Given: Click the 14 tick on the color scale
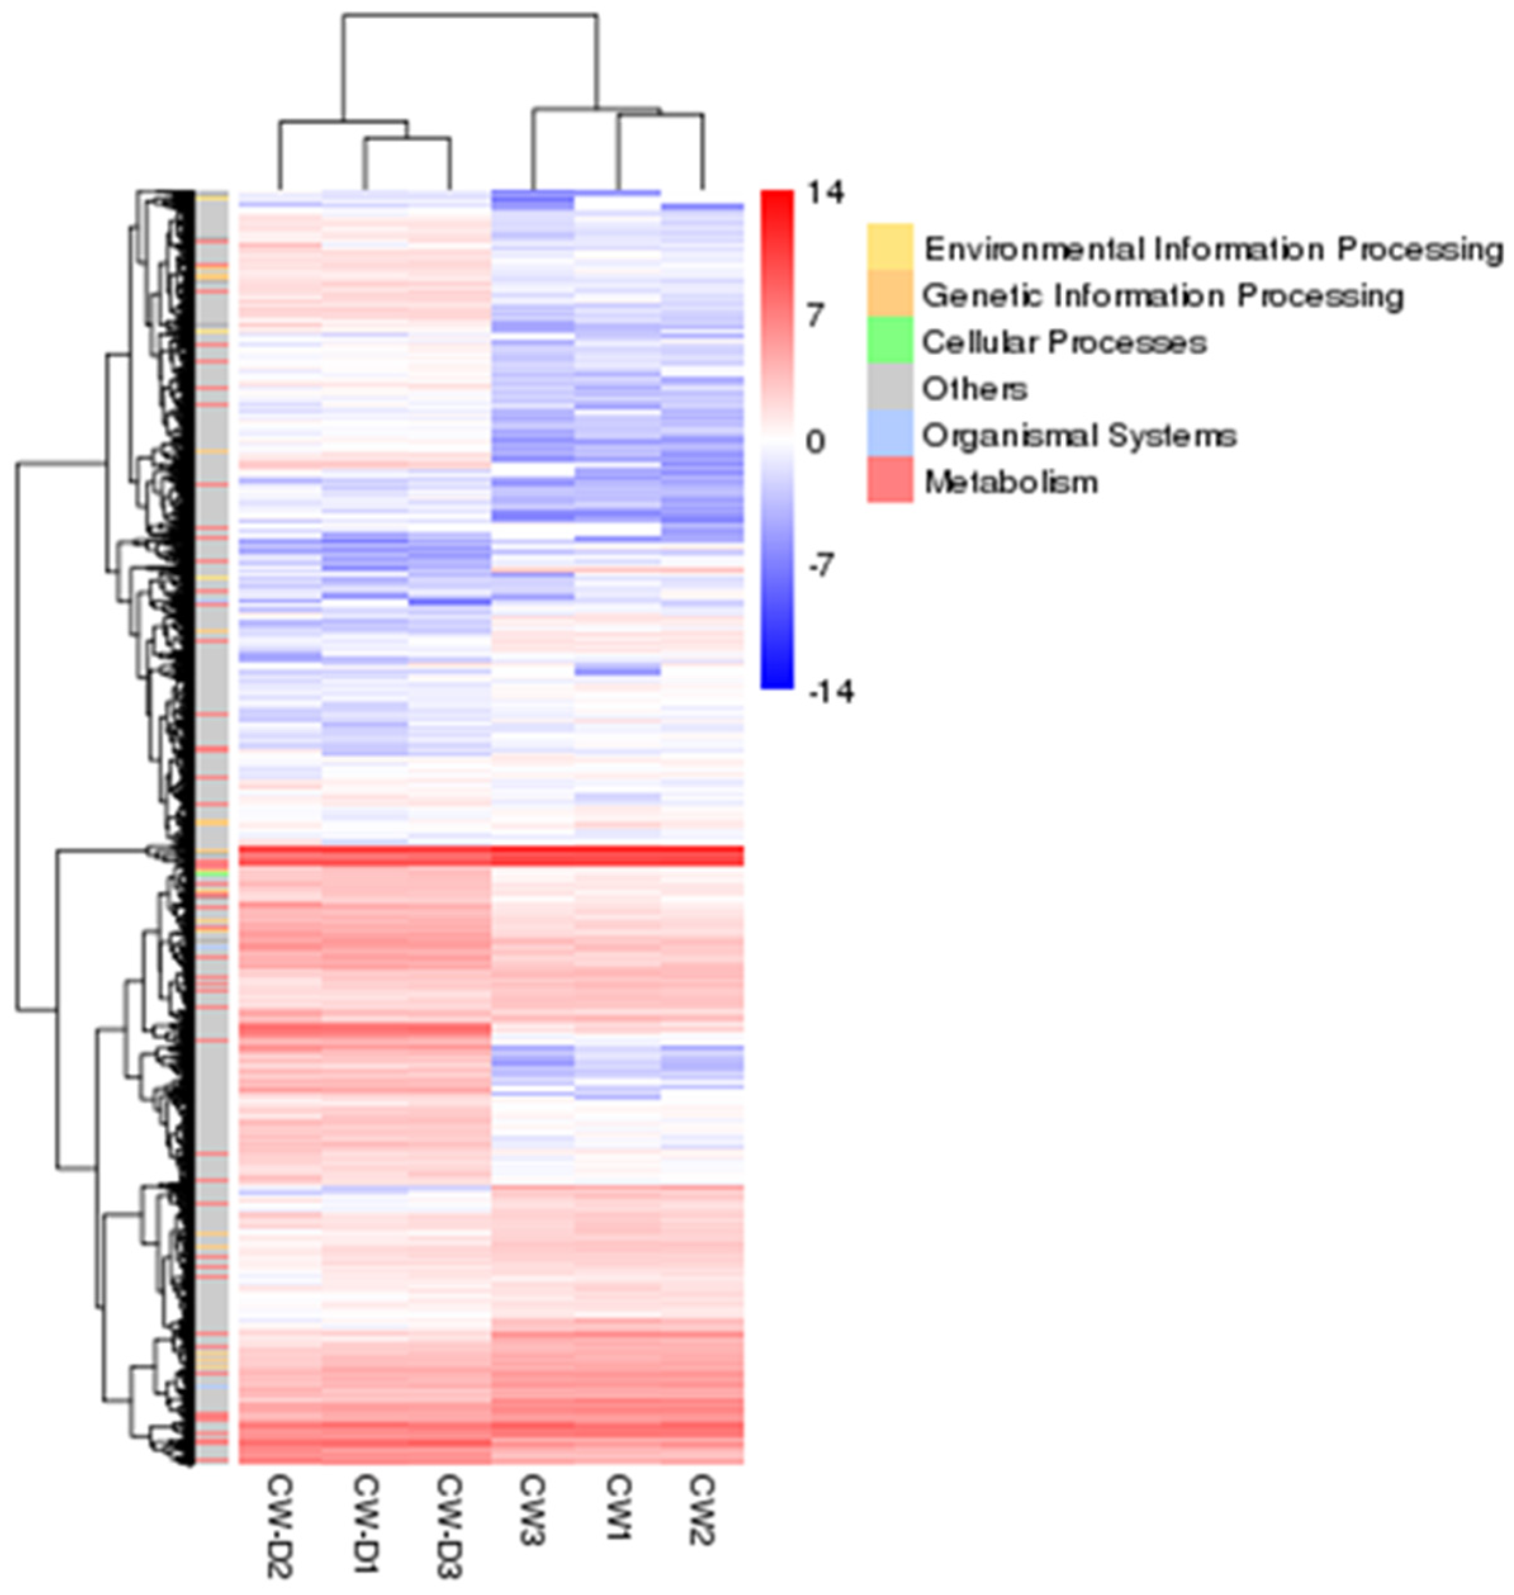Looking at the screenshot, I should pos(825,194).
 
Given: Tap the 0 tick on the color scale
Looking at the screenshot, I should pos(815,442).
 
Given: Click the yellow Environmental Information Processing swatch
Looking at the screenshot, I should pos(890,247).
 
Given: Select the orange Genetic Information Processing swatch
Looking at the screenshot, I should pos(890,294).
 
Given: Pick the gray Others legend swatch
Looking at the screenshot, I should pos(890,387).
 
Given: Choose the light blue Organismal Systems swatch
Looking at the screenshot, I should pos(890,433).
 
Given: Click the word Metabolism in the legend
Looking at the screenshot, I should pos(1010,483).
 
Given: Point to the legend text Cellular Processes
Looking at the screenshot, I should pos(1064,342).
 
